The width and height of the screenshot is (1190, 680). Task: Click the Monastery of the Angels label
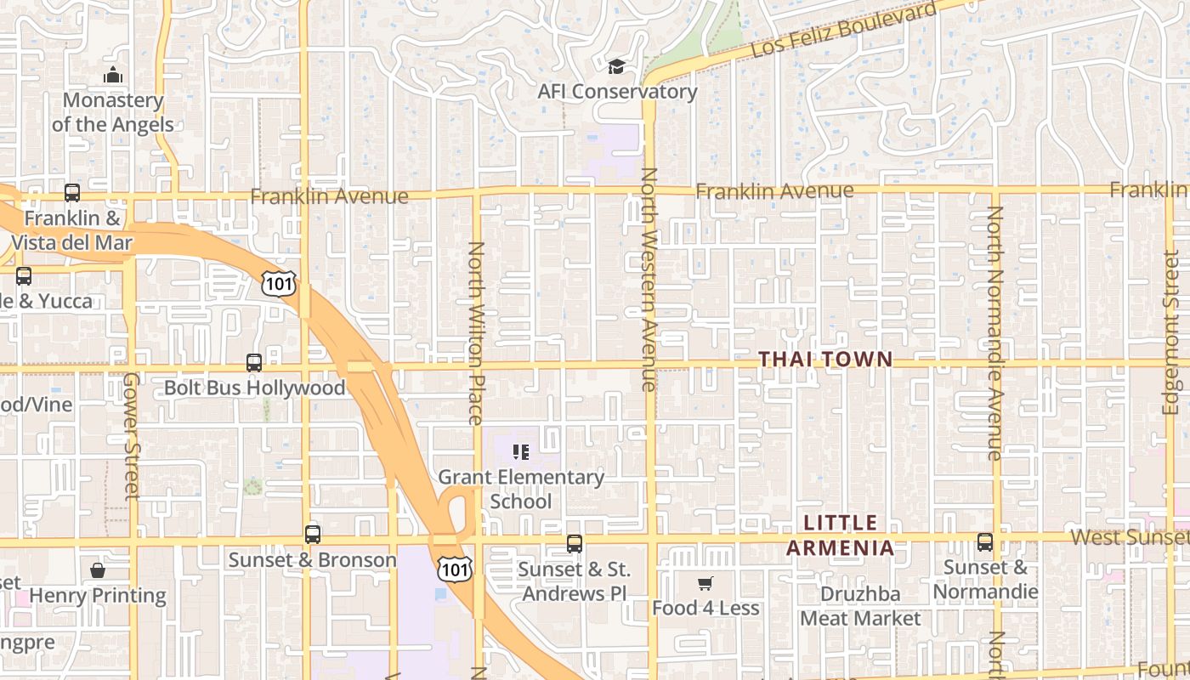point(112,112)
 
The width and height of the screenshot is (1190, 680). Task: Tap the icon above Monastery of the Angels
point(113,76)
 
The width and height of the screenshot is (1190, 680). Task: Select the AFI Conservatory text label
point(617,92)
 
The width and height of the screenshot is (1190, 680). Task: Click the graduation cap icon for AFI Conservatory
point(616,66)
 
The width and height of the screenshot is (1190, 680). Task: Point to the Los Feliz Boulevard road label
point(844,31)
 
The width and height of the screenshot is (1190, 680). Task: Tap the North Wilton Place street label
point(476,332)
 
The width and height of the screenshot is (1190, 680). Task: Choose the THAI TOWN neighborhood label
point(825,360)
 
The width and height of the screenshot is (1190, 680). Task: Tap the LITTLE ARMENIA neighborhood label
point(840,535)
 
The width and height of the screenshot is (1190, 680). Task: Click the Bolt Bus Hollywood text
point(254,388)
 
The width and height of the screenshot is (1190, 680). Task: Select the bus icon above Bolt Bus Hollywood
point(254,363)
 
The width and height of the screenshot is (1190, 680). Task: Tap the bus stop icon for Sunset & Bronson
point(313,535)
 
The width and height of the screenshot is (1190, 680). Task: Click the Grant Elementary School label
point(521,489)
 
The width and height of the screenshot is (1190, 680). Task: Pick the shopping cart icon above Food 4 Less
point(705,583)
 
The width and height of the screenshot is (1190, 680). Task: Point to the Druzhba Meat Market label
point(860,605)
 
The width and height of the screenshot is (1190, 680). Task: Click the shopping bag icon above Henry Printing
point(98,569)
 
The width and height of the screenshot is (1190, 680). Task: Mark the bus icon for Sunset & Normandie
point(985,541)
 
